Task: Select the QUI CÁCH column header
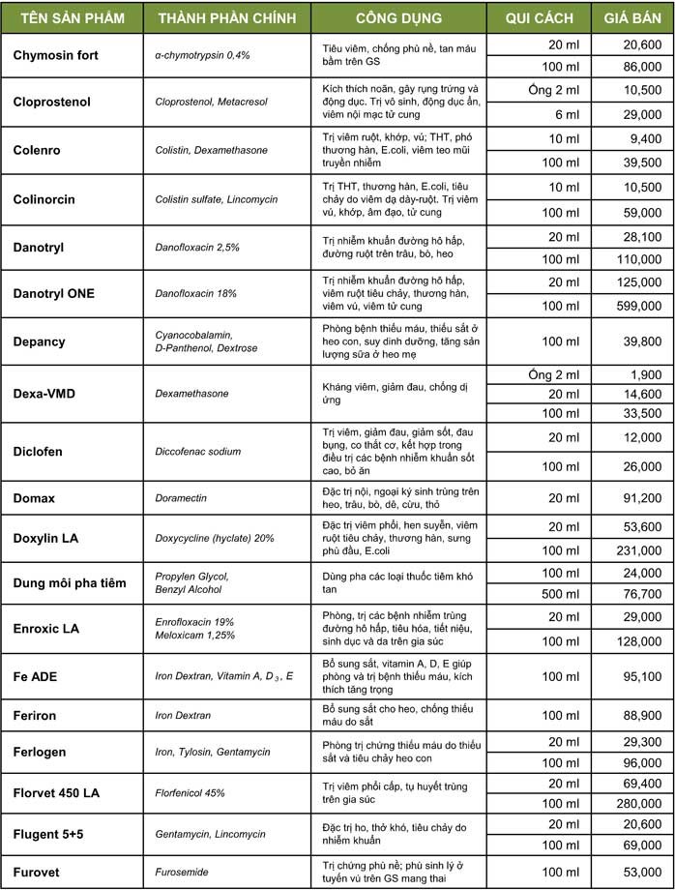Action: coord(539,18)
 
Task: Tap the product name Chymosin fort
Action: coord(56,55)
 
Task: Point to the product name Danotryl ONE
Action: coord(54,294)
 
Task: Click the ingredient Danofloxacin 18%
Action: coord(198,294)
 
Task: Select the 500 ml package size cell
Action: coord(559,593)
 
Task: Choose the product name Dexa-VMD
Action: coord(44,394)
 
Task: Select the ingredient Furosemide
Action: coord(183,872)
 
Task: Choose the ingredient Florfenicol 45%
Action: coord(190,793)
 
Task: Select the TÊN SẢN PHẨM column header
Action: coord(70,18)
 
